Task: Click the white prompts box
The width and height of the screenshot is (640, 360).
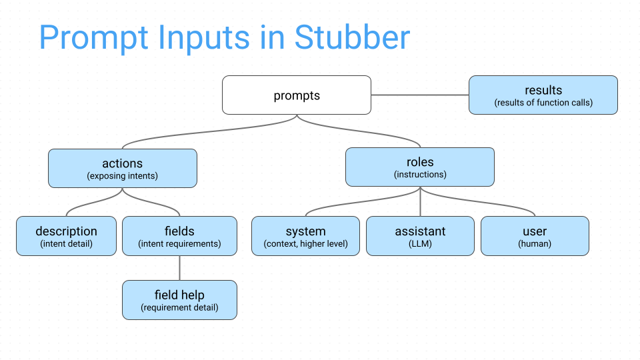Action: click(x=297, y=95)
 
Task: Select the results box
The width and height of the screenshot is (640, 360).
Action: click(x=543, y=95)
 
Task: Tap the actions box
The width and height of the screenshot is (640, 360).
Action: click(x=123, y=168)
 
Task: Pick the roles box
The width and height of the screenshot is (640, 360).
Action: click(x=420, y=167)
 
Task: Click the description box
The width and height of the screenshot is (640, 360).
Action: click(x=66, y=236)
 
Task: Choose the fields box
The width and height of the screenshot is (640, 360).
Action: click(x=179, y=236)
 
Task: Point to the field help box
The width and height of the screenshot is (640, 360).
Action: click(x=179, y=300)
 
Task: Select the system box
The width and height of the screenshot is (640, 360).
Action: click(x=306, y=236)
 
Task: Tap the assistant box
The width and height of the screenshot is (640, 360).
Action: click(x=421, y=236)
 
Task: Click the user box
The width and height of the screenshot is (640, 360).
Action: click(x=535, y=236)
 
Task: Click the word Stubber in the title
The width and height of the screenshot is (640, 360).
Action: click(x=352, y=37)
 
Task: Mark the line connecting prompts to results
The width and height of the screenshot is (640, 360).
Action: click(x=420, y=95)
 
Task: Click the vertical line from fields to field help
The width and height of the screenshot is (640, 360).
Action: click(x=179, y=268)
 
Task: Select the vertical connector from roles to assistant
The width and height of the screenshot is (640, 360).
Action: click(x=420, y=201)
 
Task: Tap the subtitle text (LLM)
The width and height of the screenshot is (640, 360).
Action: click(x=421, y=244)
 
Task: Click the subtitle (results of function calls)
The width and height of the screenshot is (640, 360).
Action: click(x=543, y=103)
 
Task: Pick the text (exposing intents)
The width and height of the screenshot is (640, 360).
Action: click(x=123, y=176)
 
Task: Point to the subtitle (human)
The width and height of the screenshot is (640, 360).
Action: click(x=535, y=244)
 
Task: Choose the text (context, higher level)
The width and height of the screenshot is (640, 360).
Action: click(x=306, y=244)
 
